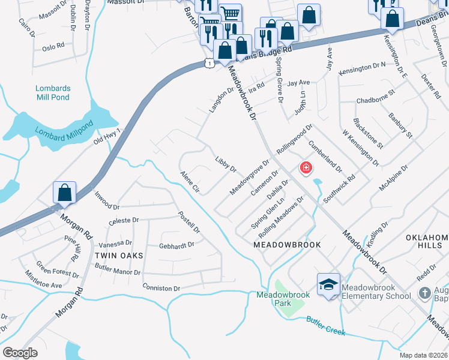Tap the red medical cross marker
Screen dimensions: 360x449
click(306, 167)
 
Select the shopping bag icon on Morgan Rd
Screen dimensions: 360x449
click(65, 193)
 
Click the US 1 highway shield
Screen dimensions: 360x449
click(208, 62)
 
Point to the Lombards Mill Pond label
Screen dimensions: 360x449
click(53, 93)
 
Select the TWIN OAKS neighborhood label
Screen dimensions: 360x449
click(119, 256)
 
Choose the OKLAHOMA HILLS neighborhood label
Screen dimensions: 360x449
click(427, 242)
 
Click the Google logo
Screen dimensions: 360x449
click(20, 353)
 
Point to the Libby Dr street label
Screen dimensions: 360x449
click(226, 164)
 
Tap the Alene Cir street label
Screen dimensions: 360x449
click(190, 181)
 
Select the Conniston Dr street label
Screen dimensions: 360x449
click(161, 289)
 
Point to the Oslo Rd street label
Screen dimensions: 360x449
click(53, 46)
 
